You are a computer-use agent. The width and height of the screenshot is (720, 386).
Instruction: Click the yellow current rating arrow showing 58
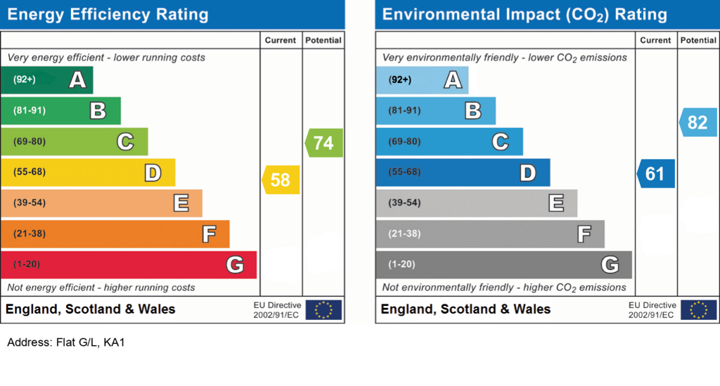click(x=281, y=180)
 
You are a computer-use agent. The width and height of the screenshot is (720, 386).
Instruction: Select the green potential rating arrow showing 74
click(x=324, y=143)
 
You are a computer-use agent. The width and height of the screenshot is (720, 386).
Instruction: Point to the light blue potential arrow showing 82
click(x=698, y=122)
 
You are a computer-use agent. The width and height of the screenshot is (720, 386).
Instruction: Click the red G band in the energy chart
click(x=129, y=264)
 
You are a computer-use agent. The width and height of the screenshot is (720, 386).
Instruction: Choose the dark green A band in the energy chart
click(x=46, y=80)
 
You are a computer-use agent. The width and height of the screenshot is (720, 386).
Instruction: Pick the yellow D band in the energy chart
click(x=88, y=172)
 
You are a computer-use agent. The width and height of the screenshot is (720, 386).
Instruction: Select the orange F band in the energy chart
click(x=115, y=233)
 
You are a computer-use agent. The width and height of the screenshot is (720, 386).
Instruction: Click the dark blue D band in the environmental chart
click(x=463, y=172)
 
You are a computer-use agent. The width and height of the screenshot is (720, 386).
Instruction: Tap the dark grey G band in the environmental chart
click(x=503, y=264)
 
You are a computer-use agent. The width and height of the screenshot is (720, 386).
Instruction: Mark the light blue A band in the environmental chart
click(x=422, y=80)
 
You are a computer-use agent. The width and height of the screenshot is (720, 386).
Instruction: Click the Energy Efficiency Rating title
click(x=108, y=14)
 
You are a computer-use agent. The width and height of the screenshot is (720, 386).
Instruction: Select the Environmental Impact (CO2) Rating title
click(x=524, y=14)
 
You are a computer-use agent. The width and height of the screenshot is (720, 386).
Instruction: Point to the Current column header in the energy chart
click(x=281, y=41)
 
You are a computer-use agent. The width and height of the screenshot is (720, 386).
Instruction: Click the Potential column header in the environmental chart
click(x=698, y=41)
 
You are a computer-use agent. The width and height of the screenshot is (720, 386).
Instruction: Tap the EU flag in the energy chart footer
click(x=323, y=309)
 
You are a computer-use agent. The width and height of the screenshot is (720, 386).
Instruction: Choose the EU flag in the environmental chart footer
click(x=699, y=309)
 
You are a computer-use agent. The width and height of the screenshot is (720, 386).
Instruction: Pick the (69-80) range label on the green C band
click(x=29, y=141)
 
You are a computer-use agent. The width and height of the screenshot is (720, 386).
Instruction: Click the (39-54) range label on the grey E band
click(x=404, y=203)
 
